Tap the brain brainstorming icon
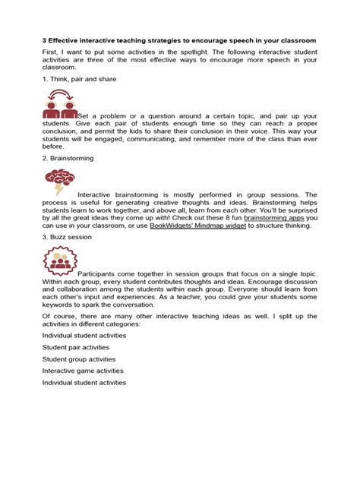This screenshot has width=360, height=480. tap(59, 182)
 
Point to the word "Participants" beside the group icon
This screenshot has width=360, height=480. tap(99, 273)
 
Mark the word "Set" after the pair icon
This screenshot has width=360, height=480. tap(84, 115)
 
